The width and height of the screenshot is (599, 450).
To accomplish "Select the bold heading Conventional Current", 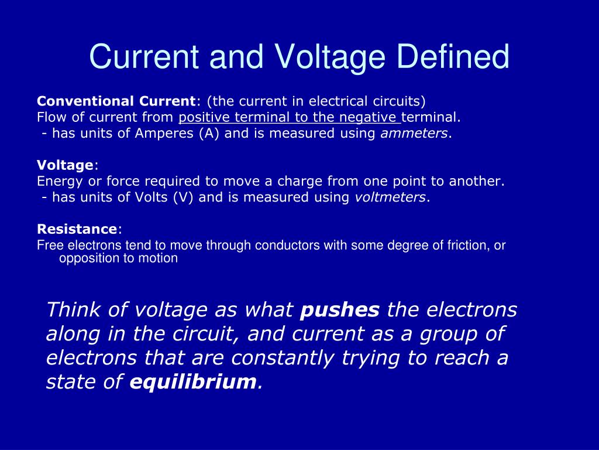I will tap(116, 100).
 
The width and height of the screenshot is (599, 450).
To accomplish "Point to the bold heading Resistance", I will tap(77, 229).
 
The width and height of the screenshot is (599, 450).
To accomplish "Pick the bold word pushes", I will tap(340, 309).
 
